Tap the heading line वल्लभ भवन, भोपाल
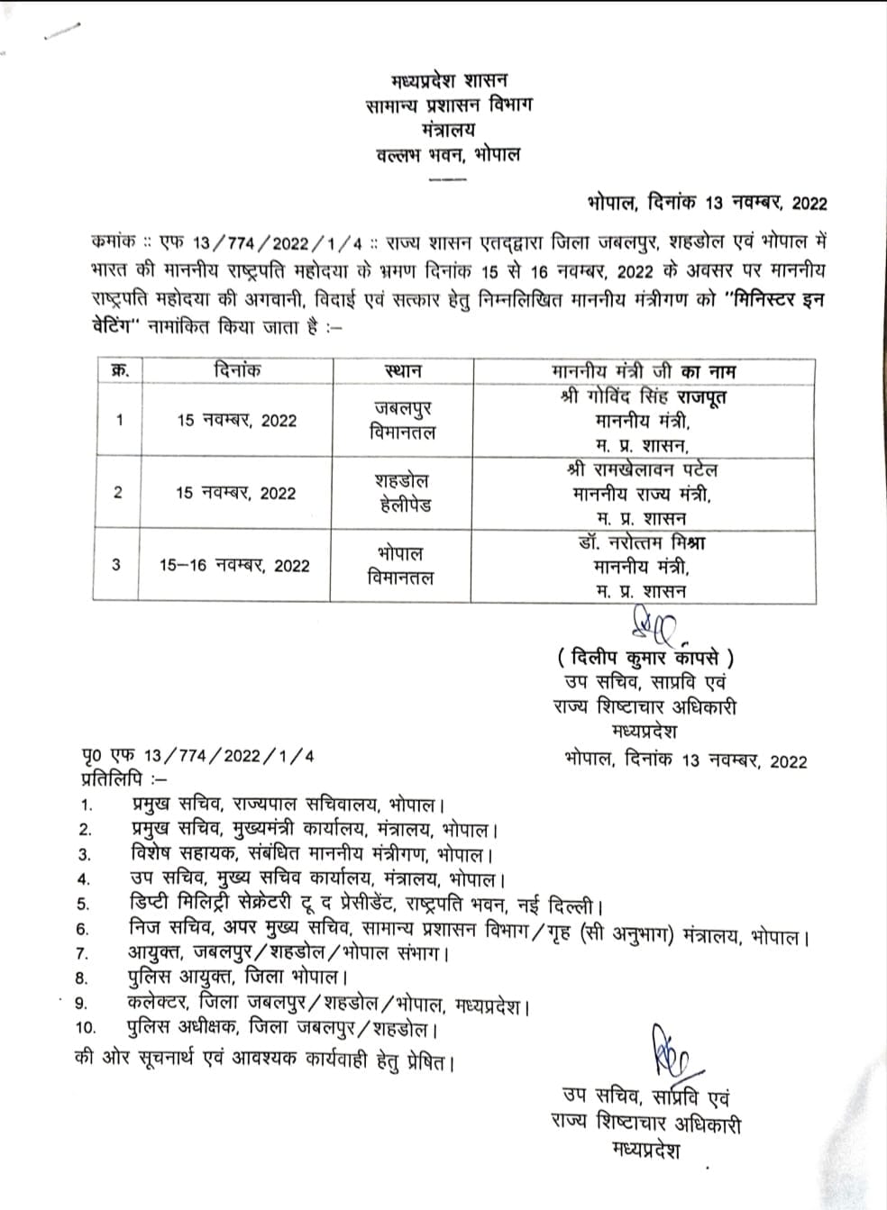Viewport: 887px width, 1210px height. [x=448, y=154]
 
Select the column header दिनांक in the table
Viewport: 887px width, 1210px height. [x=238, y=370]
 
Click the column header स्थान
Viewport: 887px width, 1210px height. [x=403, y=370]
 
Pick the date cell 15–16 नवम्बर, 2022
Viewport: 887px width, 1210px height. [x=234, y=566]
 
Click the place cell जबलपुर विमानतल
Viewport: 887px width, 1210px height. [x=401, y=420]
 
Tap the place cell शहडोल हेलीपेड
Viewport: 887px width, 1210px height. [x=403, y=493]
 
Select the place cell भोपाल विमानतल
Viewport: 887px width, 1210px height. [x=401, y=566]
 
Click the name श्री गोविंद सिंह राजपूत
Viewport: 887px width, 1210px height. [x=643, y=396]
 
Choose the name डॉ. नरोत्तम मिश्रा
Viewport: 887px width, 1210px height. [x=642, y=542]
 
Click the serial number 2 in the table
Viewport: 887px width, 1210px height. [x=117, y=493]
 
